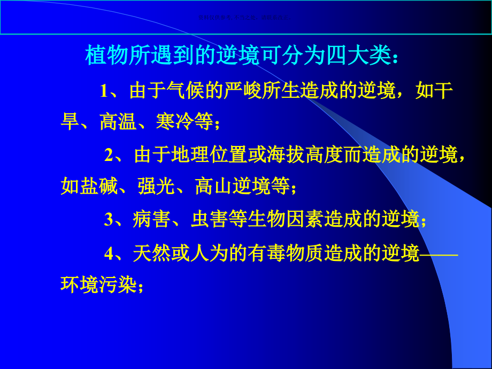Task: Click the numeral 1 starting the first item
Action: [x=104, y=91]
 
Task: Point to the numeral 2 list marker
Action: [x=109, y=156]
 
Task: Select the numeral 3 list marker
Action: [x=109, y=220]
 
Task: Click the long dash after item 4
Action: [x=439, y=254]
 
